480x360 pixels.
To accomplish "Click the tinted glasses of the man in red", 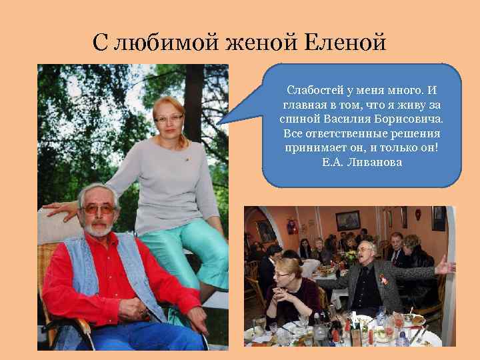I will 98,209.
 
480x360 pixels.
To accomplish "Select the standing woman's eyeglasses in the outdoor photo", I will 169,118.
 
